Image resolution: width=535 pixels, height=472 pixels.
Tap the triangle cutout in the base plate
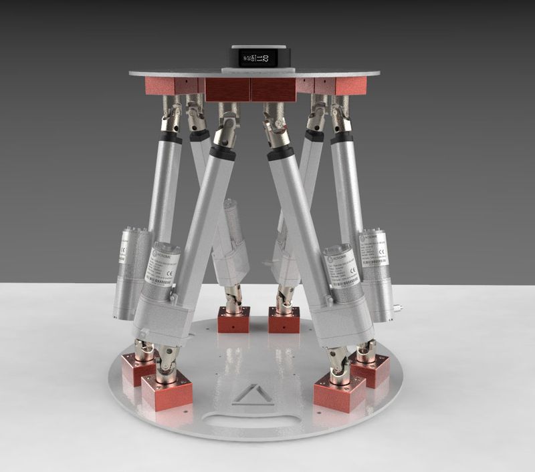pos(252,393)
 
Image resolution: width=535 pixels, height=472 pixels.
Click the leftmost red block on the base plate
pos(136,368)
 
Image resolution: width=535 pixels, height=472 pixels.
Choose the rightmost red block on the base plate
pos(370,369)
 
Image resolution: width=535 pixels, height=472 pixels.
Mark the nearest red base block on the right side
pos(339,391)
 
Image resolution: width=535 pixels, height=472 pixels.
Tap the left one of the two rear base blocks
pos(234,320)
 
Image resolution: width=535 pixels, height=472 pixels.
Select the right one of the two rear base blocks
pos(284,321)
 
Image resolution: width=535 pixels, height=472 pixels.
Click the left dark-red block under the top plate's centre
pos(227,89)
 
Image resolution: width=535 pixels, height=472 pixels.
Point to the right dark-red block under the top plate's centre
pos(273,89)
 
